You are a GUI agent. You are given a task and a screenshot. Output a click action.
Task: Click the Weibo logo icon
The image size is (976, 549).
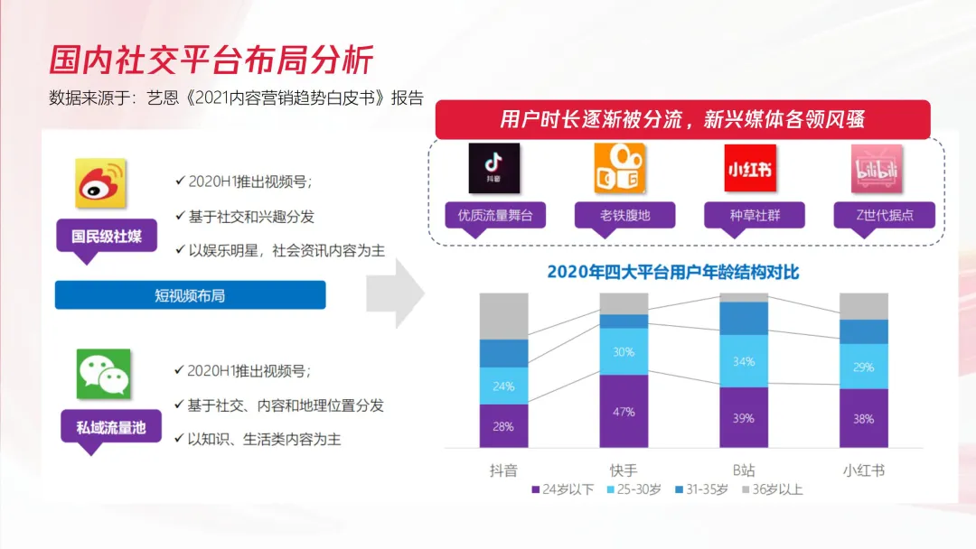[100, 184]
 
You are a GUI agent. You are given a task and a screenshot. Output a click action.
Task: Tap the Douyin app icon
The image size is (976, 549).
[493, 168]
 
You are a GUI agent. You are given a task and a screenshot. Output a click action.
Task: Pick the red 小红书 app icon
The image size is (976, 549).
[750, 168]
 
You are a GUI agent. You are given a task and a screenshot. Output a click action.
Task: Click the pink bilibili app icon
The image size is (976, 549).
[877, 168]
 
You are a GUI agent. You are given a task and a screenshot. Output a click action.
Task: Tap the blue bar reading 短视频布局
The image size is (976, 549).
[190, 295]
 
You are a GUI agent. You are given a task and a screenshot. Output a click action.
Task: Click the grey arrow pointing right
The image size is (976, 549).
[394, 293]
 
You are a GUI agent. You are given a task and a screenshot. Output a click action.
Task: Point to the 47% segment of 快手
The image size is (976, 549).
[624, 411]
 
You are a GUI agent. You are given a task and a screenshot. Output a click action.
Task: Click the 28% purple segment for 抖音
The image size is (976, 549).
[503, 425]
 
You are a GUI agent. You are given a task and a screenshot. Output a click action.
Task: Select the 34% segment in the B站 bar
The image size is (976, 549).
[744, 361]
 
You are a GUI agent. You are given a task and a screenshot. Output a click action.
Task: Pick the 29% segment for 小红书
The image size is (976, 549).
[863, 367]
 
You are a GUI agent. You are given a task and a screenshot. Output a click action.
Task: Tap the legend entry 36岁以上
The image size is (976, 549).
[772, 489]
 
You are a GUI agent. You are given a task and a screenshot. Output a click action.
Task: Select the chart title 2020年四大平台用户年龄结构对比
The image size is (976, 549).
[673, 272]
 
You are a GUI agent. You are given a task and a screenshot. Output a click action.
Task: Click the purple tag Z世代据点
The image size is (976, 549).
[884, 215]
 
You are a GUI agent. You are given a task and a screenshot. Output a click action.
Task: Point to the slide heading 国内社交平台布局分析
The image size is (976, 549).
[210, 60]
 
